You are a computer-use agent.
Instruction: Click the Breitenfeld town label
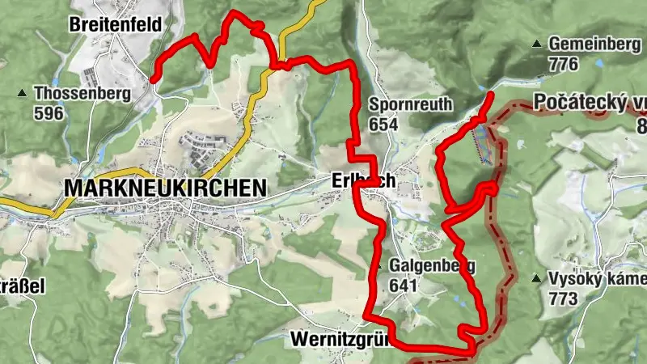click(x=115, y=23)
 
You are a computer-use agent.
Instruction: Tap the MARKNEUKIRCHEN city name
click(x=164, y=188)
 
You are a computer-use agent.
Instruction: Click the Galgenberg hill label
click(x=432, y=265)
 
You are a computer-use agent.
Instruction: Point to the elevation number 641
click(x=403, y=285)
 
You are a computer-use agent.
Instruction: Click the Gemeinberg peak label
click(x=594, y=44)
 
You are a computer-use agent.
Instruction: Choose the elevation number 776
click(x=563, y=63)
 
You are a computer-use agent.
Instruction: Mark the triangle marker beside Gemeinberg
click(x=536, y=44)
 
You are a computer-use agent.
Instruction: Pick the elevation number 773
click(x=563, y=298)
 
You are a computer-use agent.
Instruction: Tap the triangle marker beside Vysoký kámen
click(x=536, y=279)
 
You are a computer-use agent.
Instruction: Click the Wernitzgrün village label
click(x=340, y=337)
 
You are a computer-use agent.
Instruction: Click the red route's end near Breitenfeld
click(x=153, y=78)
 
